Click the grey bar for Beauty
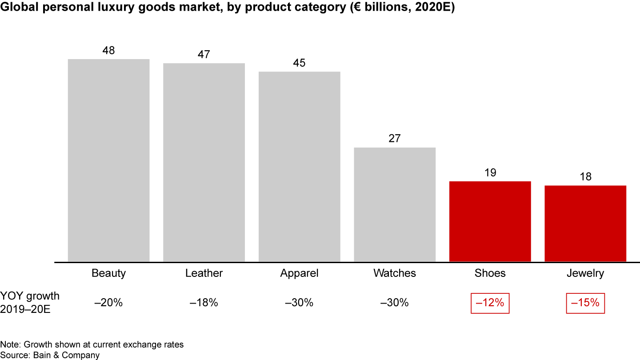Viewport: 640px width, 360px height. pos(108,160)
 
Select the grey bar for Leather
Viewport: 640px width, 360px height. pos(204,162)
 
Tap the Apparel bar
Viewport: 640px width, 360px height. pos(300,166)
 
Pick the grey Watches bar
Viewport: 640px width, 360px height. pos(395,204)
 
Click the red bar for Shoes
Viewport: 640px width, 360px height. pos(490,221)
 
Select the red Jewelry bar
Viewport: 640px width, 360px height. pos(585,224)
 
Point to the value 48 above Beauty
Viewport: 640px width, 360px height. pos(108,51)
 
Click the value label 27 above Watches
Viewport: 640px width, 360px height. pos(395,139)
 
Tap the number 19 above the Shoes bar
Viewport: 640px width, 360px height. pos(490,172)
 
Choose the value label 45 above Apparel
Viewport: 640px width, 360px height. pos(300,63)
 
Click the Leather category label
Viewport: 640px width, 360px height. pos(204,273)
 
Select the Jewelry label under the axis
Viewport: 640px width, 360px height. pos(585,273)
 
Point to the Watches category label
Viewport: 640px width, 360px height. pos(395,273)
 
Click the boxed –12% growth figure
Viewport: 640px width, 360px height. pos(490,303)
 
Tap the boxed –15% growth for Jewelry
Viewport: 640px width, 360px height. pos(585,303)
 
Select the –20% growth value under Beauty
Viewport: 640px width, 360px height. pos(108,303)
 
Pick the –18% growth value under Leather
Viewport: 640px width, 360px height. pos(204,303)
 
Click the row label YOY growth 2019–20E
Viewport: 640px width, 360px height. pos(30,302)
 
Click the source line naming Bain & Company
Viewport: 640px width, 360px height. pos(50,355)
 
